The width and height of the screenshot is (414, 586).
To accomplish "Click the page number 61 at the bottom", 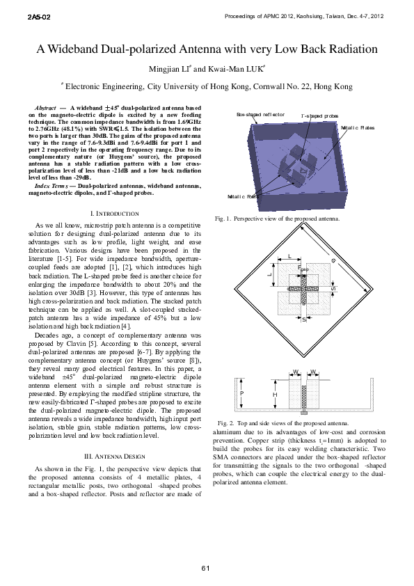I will tap(206, 569).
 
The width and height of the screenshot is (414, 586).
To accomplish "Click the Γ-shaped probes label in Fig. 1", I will tap(319, 116).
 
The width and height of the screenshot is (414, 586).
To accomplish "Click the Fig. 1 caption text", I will tap(278, 219).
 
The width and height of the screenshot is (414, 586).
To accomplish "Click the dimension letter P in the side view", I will tap(242, 393).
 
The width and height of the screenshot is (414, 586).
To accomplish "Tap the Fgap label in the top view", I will tap(303, 268).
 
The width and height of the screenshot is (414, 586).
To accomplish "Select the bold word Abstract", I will tap(45, 108).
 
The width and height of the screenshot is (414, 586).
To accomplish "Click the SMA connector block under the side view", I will tap(303, 413).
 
